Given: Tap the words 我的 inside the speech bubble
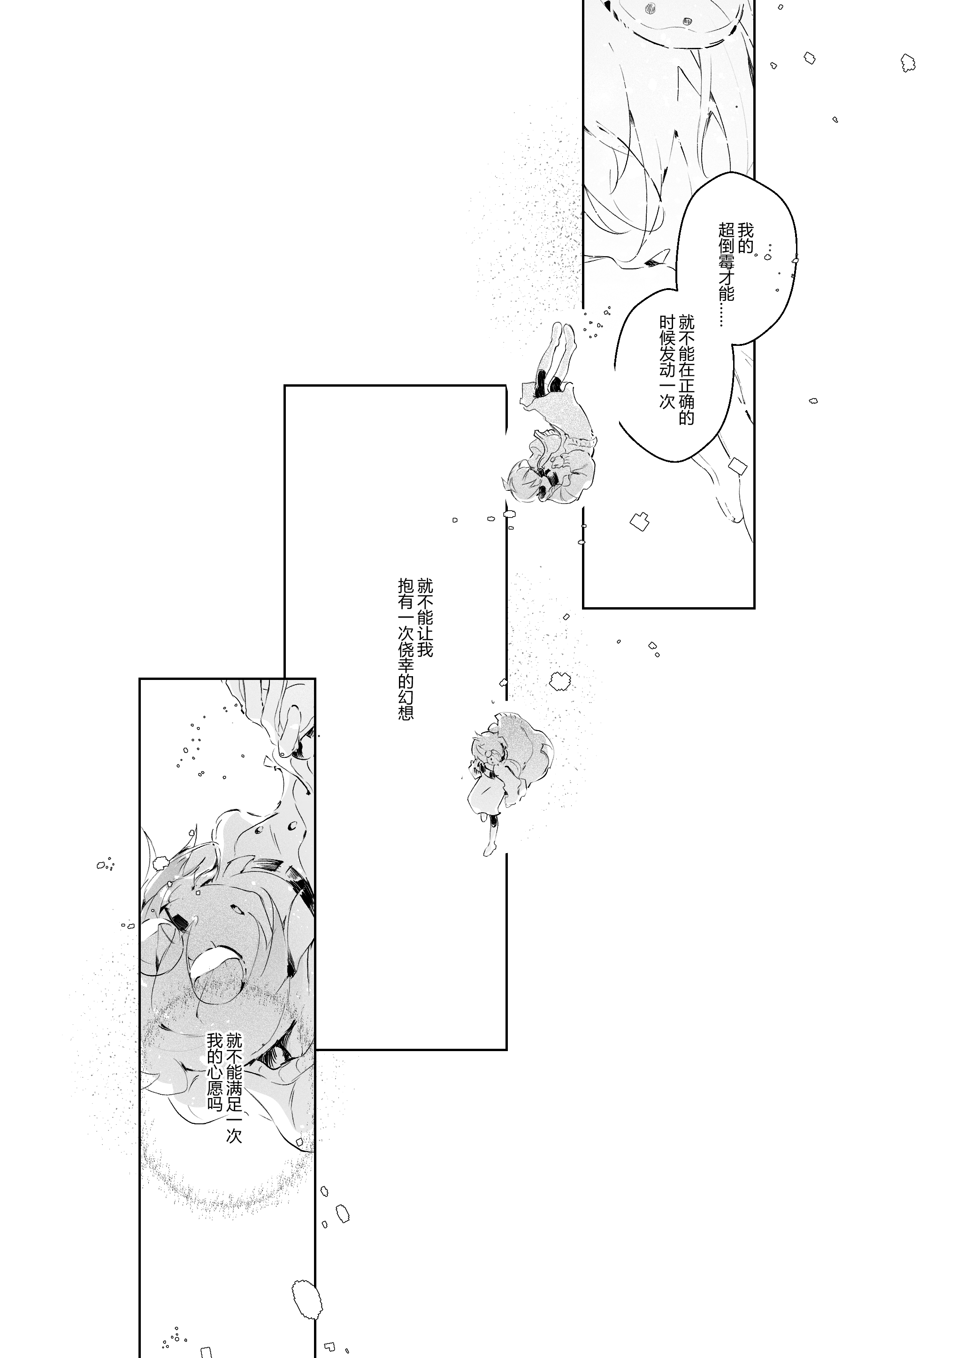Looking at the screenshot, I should pos(746,238).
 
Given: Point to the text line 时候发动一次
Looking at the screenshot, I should pos(667,361).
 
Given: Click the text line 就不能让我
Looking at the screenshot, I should pos(425,618).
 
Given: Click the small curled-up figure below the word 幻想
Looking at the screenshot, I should pos(503,769).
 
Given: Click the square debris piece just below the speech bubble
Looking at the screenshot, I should pos(737,465).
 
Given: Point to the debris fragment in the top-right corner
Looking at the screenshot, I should pos(907,62).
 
